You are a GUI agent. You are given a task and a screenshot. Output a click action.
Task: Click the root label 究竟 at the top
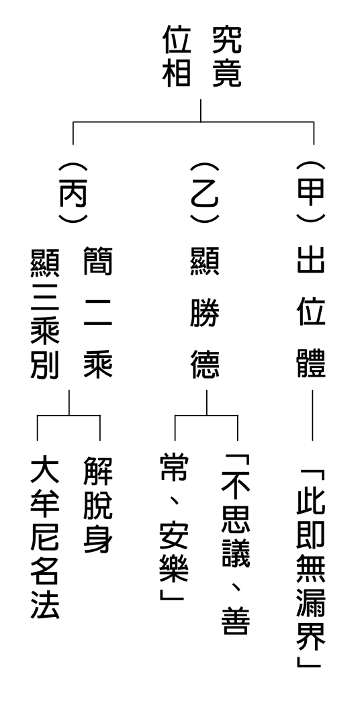click(226, 56)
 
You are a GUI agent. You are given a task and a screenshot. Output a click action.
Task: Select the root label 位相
click(177, 56)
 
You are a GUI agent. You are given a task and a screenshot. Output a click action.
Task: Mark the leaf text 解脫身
click(98, 505)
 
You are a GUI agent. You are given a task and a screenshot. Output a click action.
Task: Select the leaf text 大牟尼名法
click(45, 537)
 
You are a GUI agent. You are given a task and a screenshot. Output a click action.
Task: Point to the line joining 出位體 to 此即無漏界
click(312, 416)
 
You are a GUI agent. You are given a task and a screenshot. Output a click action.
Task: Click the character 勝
click(206, 314)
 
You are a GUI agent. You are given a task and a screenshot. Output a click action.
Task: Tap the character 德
click(206, 364)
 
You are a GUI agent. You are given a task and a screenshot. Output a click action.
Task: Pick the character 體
click(311, 364)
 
